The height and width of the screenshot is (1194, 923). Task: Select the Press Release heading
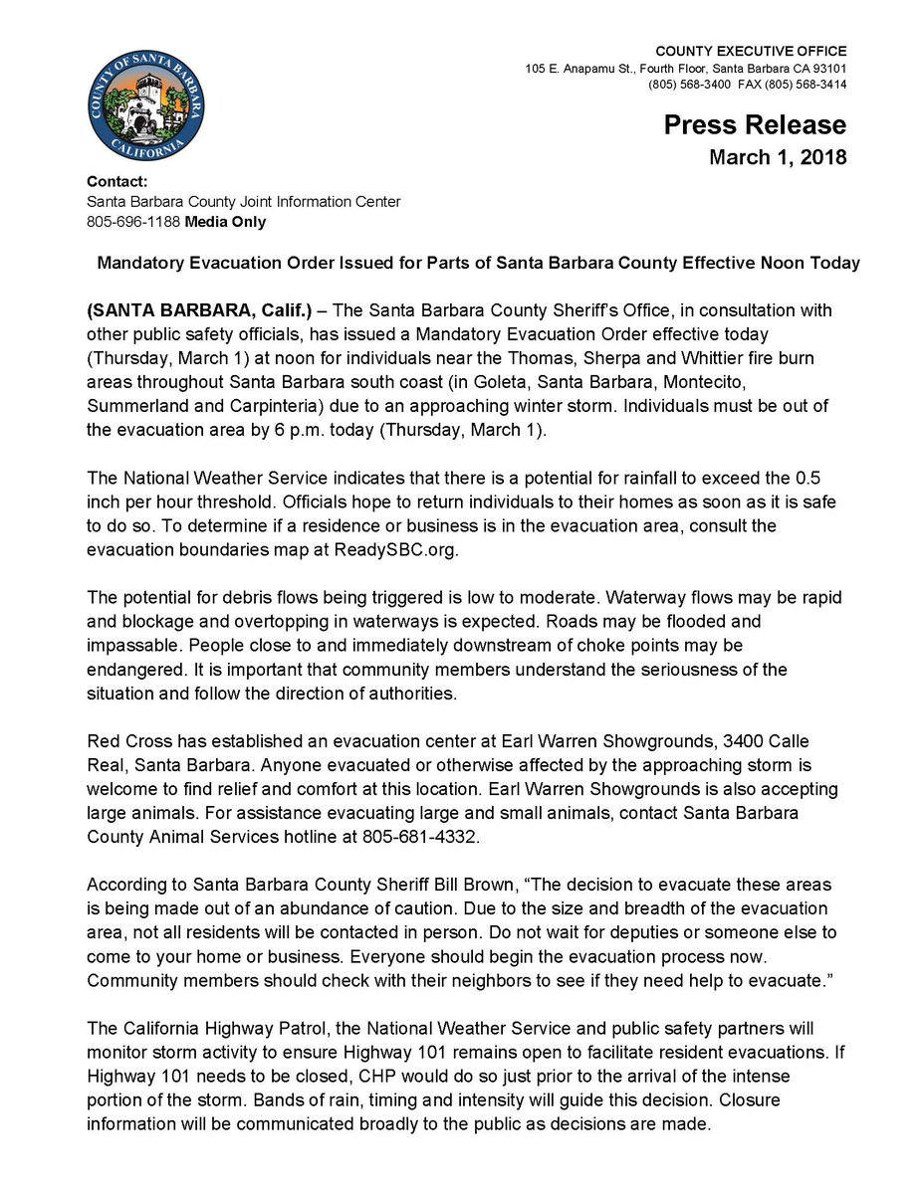[755, 125]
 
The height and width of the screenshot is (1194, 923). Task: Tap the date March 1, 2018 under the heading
[777, 157]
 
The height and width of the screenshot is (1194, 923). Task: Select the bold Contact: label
[116, 182]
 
